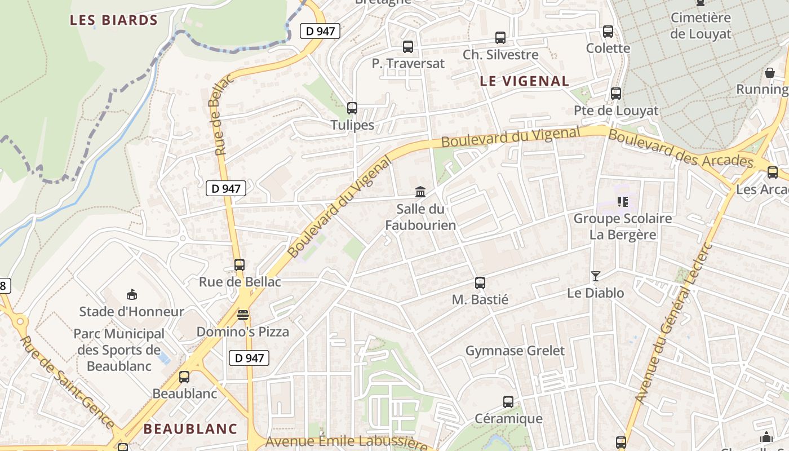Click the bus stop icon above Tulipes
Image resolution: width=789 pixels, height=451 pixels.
(x=352, y=108)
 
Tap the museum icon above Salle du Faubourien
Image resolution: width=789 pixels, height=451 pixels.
(x=420, y=192)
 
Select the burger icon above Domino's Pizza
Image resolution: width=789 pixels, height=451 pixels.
(x=243, y=315)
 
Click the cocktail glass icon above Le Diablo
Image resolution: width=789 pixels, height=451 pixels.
(x=596, y=276)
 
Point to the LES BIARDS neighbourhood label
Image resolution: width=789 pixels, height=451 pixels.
(x=114, y=20)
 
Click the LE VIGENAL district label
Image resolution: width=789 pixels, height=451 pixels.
(x=524, y=81)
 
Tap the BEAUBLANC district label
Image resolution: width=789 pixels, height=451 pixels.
(x=190, y=428)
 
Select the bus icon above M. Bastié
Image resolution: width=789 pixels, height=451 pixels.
(x=480, y=283)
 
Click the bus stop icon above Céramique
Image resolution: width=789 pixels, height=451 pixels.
(x=508, y=402)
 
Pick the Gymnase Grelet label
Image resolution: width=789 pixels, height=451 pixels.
(x=515, y=351)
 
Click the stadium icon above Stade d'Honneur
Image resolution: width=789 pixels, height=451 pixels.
(x=132, y=294)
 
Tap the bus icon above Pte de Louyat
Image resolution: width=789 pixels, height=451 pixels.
(x=616, y=94)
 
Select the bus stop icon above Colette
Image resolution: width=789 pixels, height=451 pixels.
(x=608, y=32)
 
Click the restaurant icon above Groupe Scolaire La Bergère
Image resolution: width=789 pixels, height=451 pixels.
(x=623, y=201)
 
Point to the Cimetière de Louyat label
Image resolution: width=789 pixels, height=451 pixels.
(x=701, y=26)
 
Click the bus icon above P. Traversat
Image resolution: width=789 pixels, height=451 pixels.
(x=408, y=47)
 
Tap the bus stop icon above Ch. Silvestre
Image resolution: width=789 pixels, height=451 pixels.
(x=500, y=38)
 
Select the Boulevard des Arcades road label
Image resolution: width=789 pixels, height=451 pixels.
(x=681, y=149)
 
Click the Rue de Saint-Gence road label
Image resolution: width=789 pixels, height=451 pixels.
(x=67, y=382)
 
